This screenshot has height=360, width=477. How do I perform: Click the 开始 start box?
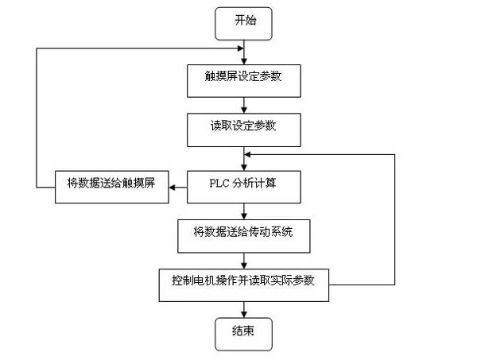coord(243,24)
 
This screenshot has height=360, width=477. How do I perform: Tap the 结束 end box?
coord(243,334)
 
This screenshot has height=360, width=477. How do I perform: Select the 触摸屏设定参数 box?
coord(244,81)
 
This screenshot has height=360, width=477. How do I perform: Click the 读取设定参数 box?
coord(244,130)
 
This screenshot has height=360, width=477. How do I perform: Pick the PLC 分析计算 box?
coord(244,187)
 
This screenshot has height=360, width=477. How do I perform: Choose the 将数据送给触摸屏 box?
coord(112,187)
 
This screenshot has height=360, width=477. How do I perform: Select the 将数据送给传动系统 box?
coord(244,236)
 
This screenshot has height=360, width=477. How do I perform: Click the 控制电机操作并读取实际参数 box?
coord(244,285)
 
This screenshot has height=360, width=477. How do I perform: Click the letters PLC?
coord(219,184)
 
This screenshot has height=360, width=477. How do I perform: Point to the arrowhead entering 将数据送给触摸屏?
coord(173,188)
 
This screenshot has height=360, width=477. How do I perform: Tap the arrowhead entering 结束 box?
coord(244,315)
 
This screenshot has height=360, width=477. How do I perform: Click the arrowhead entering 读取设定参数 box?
coord(244,110)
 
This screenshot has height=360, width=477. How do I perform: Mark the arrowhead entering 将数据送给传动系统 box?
coord(244,216)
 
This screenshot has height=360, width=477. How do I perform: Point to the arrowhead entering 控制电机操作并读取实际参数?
coord(244,265)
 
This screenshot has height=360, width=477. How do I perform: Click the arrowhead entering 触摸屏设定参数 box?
coord(244,61)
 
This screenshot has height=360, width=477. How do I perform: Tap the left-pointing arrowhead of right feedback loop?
coord(247,154)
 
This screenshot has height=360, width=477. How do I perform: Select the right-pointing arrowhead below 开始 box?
coord(240,48)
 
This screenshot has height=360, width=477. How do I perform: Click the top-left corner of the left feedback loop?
coord(37,48)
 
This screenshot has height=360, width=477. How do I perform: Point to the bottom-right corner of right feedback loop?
coord(394,285)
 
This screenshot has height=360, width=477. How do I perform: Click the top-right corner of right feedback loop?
coord(394,154)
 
